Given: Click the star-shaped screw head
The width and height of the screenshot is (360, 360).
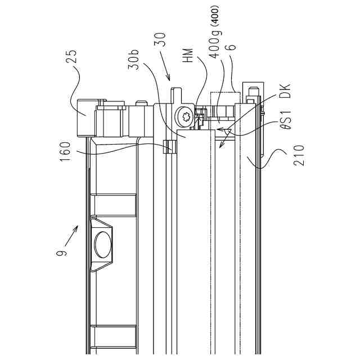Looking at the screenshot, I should click(x=184, y=116).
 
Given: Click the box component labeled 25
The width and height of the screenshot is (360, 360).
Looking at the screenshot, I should click(x=86, y=117).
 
